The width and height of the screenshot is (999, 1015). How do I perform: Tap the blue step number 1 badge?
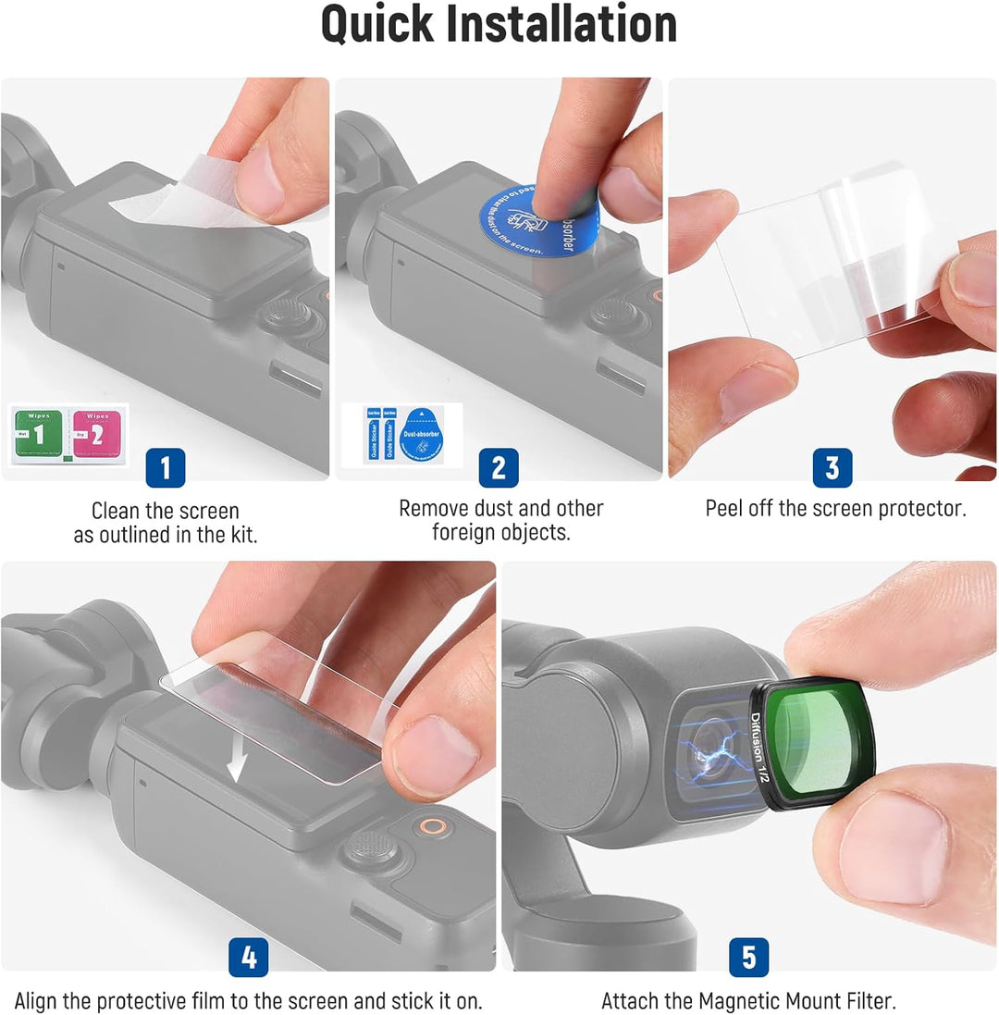tap(166, 468)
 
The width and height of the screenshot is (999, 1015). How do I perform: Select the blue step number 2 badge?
tap(498, 468)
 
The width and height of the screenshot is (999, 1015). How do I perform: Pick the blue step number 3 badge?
tap(832, 468)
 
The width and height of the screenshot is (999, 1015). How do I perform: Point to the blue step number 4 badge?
tap(248, 958)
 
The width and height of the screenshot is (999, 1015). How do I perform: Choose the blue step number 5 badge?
tap(748, 958)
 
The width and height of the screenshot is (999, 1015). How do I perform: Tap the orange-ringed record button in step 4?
tap(428, 825)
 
